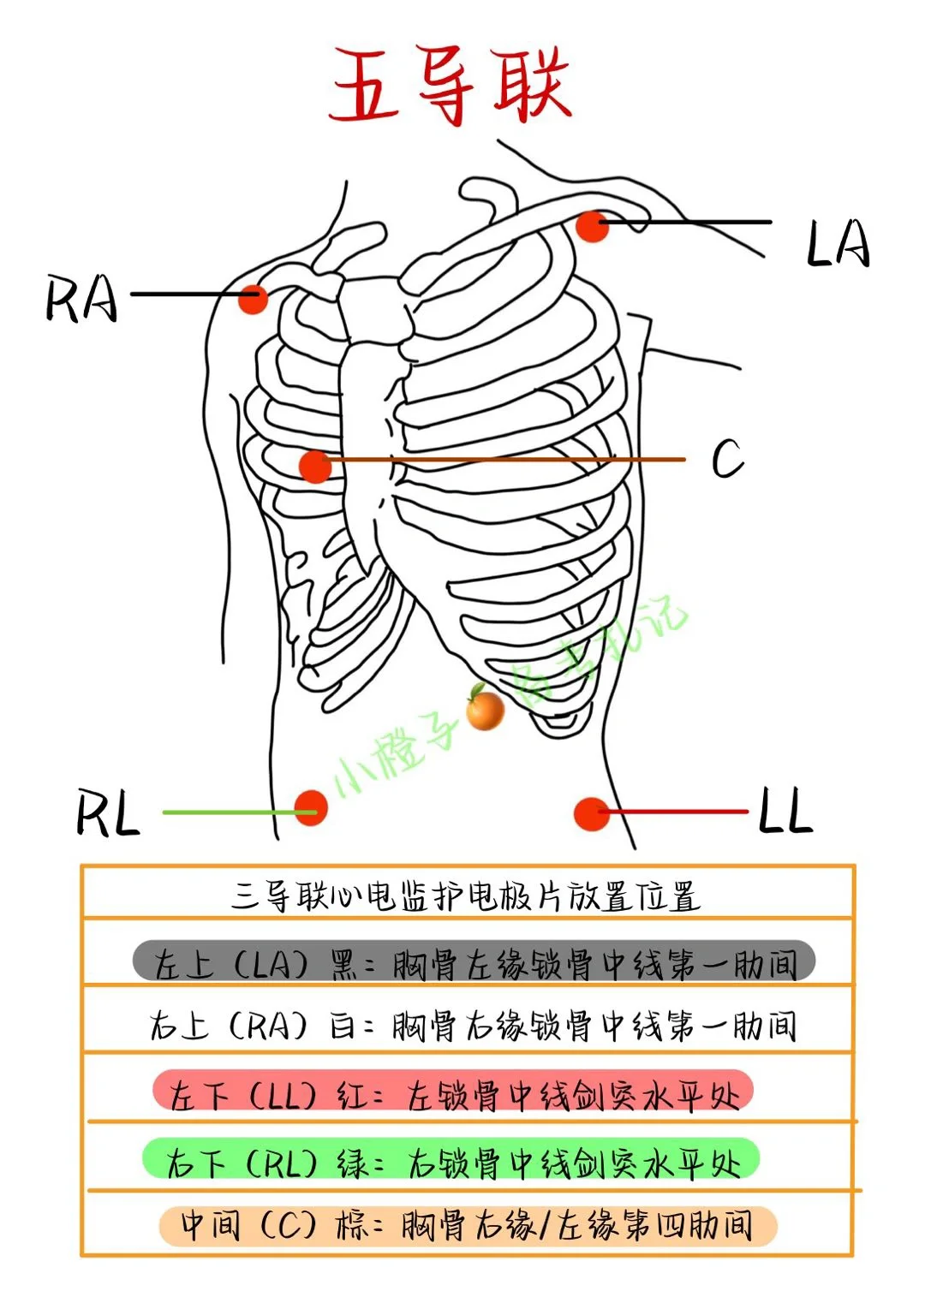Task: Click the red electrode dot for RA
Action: [x=254, y=299]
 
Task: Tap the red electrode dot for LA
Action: [x=592, y=226]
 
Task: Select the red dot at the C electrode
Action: [x=315, y=466]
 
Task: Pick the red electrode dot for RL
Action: [x=311, y=807]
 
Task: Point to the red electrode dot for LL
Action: [x=592, y=813]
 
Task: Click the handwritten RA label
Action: [x=81, y=299]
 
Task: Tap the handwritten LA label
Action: [x=838, y=244]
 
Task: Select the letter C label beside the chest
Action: [x=728, y=458]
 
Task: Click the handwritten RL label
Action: [x=108, y=814]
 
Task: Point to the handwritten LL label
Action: [x=786, y=809]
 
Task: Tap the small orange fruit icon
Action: [x=484, y=707]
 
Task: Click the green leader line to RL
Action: [x=240, y=812]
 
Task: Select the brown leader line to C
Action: [x=504, y=460]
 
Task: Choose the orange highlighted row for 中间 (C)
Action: [x=468, y=1226]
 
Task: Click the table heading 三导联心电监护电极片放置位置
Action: [x=466, y=896]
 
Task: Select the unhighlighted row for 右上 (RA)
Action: [x=473, y=1026]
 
